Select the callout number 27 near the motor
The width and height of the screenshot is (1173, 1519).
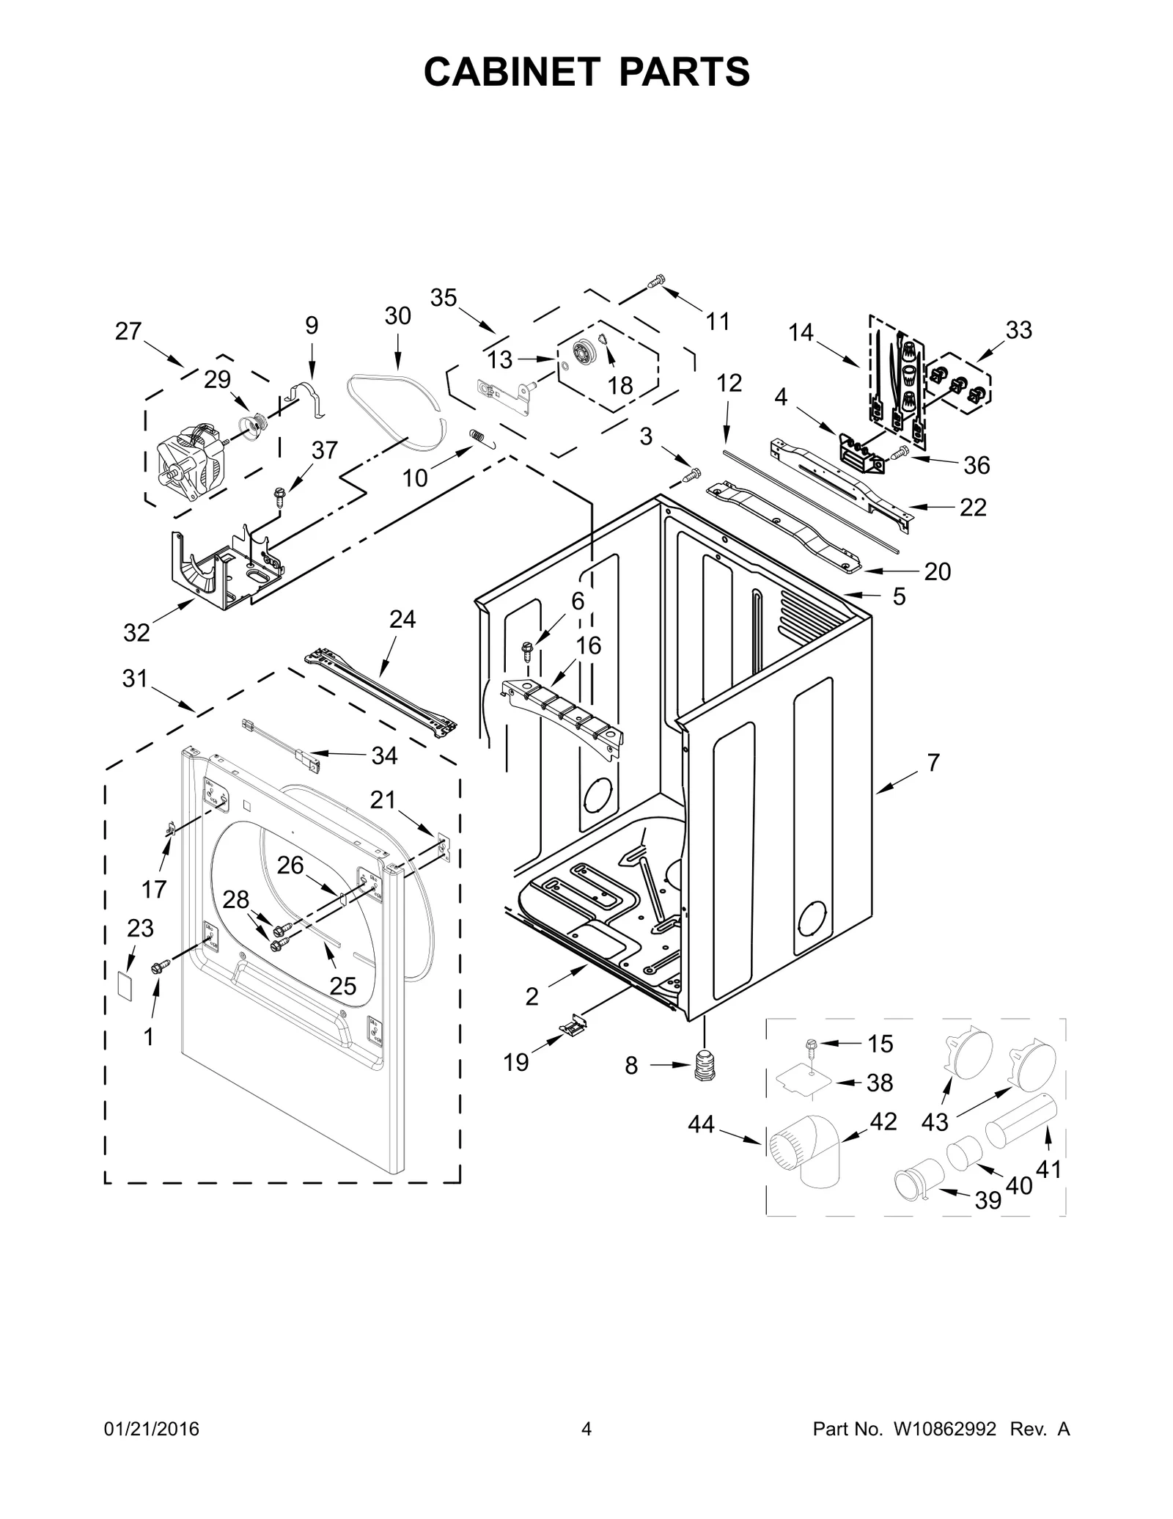(128, 332)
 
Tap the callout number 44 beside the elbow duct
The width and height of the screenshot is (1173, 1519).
(701, 1124)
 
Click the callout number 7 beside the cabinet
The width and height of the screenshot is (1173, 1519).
(933, 763)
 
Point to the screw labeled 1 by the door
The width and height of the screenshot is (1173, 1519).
(157, 969)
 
